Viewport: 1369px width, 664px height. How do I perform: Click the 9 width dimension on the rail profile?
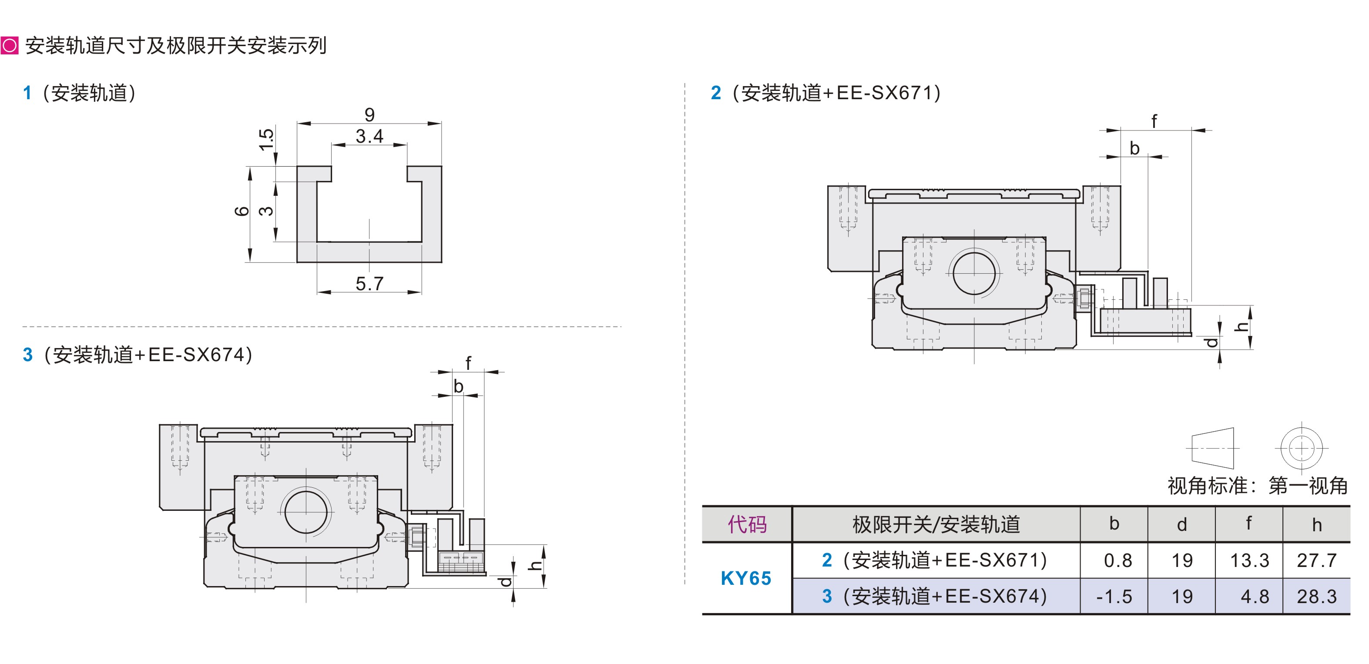(x=369, y=114)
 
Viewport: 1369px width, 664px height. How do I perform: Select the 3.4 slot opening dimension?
(x=369, y=136)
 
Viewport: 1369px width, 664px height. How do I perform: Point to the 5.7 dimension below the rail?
(x=369, y=284)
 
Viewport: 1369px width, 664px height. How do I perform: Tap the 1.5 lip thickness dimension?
(x=266, y=139)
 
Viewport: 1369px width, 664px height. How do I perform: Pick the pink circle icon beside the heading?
(x=10, y=45)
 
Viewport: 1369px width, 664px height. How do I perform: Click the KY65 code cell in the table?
(x=746, y=578)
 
